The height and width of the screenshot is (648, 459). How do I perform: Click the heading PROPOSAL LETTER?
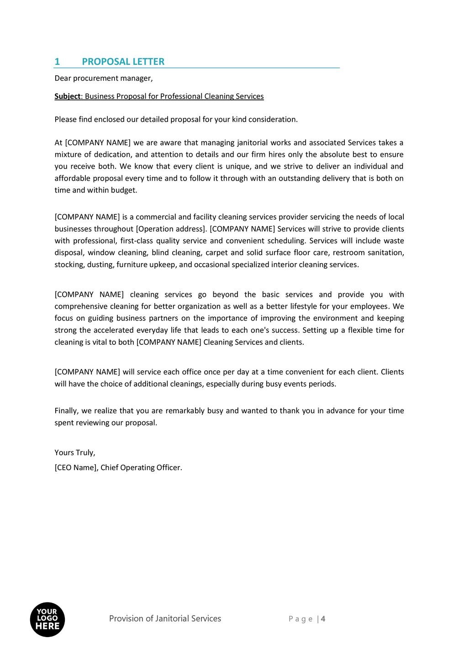click(123, 62)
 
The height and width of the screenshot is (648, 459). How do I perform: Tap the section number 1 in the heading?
click(57, 62)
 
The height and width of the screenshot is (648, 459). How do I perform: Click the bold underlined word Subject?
click(67, 96)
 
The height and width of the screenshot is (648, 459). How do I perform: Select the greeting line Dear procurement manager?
click(104, 78)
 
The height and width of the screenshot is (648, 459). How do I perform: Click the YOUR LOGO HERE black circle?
click(47, 619)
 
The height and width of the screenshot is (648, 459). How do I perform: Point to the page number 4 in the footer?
click(323, 619)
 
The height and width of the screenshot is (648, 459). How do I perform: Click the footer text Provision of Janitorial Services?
click(165, 619)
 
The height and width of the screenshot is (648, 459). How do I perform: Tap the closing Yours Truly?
click(75, 452)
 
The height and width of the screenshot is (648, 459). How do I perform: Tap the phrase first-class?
click(137, 241)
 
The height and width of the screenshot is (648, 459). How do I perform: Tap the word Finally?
click(66, 411)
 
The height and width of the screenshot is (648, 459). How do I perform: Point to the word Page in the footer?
click(301, 619)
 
